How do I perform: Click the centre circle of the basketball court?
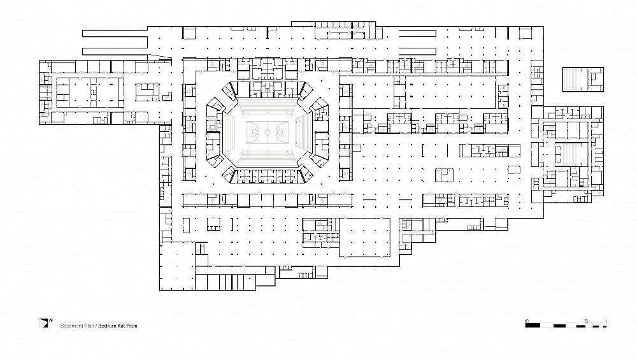pos(268,132)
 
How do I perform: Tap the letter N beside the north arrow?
pos(51,320)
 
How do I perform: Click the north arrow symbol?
pos(43,323)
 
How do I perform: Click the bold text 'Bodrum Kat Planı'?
pos(118,326)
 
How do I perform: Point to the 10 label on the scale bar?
pos(527,321)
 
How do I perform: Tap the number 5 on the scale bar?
pos(586,321)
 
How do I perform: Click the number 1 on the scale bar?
pos(606,321)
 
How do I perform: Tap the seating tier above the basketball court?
pos(268,107)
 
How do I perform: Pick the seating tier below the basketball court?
pos(268,157)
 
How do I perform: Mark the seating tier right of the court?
pos(304,132)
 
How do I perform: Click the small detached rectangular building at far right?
pos(583,79)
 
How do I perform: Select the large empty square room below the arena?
pos(365,238)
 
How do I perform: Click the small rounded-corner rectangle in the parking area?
pos(514,169)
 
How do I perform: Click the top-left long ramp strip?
pos(115,33)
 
